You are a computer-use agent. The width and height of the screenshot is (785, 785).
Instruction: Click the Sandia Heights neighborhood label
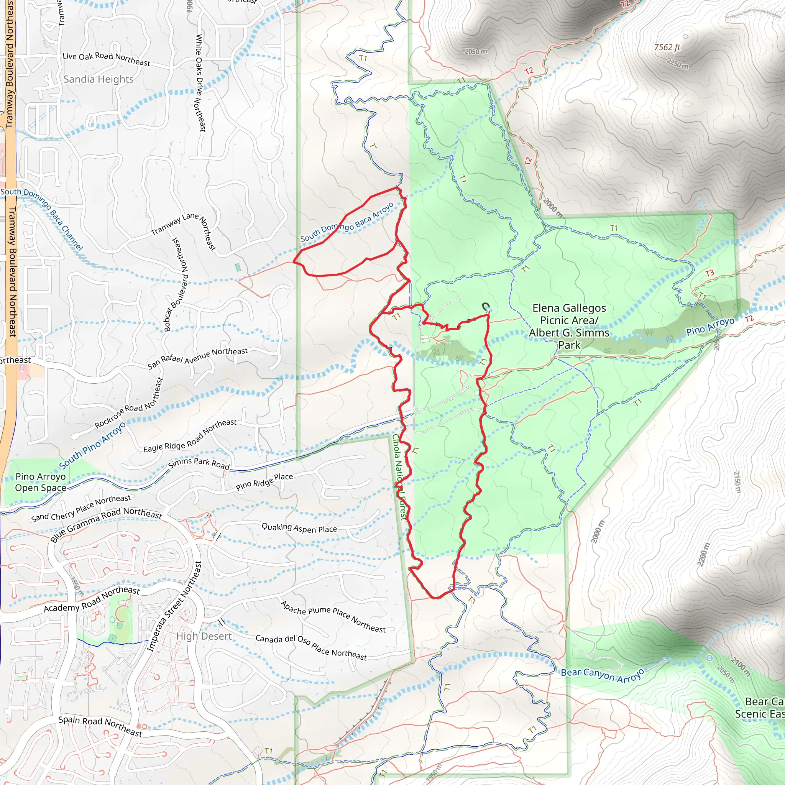[x=99, y=79]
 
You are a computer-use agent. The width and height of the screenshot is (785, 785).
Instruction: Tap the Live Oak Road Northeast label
[x=106, y=59]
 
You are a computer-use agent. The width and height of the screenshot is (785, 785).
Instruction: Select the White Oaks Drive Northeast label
[x=201, y=83]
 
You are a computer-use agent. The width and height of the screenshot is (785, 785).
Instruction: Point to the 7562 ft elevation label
[x=667, y=48]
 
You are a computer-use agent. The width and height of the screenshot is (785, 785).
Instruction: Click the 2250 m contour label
[x=678, y=63]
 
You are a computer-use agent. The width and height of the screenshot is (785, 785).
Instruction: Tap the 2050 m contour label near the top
[x=475, y=52]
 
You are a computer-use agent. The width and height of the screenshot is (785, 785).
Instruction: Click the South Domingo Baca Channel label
[x=42, y=218]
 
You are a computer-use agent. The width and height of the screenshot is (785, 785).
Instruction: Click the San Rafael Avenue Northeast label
[x=197, y=358]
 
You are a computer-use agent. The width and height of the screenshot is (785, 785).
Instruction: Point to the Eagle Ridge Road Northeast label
[x=190, y=435]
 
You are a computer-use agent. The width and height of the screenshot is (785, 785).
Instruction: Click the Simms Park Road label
[x=199, y=463]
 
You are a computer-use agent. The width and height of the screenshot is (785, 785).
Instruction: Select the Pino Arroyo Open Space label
[x=40, y=482]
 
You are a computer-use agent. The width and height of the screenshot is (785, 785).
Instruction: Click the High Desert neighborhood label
[x=204, y=636]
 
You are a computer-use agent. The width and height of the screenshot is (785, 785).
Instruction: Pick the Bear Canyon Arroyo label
[x=603, y=675]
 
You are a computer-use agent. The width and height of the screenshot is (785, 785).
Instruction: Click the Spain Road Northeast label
[x=100, y=726]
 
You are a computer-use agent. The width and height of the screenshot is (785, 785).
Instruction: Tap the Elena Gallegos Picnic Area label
[x=569, y=326]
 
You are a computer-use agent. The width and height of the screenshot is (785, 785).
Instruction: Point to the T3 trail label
[x=709, y=273]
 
